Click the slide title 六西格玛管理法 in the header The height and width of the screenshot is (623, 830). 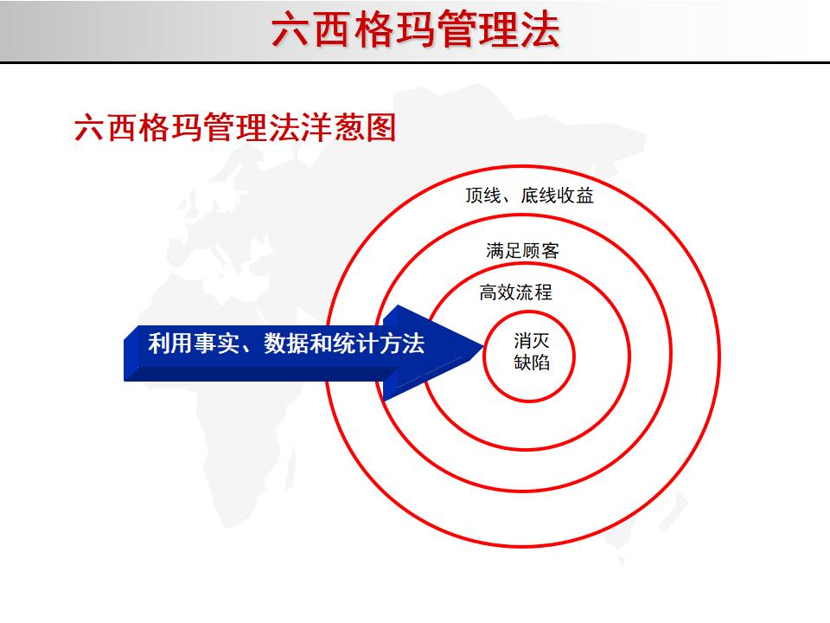[415, 29]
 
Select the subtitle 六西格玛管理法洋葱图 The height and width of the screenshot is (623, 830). [235, 128]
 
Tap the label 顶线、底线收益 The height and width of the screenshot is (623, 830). [529, 196]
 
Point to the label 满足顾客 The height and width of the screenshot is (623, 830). [522, 251]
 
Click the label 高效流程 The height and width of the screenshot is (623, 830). [515, 292]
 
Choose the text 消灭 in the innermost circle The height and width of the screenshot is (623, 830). [531, 341]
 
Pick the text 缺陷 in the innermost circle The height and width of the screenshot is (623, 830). [531, 362]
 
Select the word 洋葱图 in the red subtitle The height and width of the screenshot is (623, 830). [355, 128]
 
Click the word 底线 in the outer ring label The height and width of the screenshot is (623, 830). [539, 196]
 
